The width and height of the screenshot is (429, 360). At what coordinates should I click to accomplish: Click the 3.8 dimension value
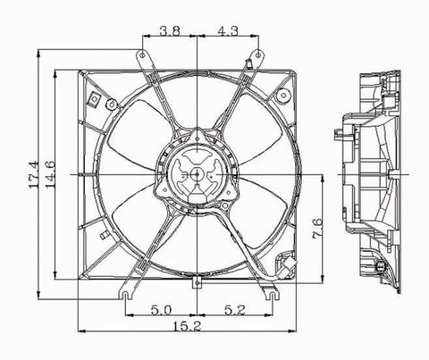point(170,30)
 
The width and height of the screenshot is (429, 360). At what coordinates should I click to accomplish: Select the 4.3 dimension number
point(228,30)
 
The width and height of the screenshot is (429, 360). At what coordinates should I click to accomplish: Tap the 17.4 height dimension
point(33,174)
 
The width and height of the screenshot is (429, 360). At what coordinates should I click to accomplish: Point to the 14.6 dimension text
point(50,174)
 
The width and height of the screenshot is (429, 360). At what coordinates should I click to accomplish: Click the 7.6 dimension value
point(317,229)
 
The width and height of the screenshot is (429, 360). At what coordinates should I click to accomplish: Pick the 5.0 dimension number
point(161,311)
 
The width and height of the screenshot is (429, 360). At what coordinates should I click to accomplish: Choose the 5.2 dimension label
point(235,311)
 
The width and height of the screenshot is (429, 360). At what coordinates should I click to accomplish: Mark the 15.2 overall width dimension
point(187,326)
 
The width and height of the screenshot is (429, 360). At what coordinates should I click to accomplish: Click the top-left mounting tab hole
point(142,55)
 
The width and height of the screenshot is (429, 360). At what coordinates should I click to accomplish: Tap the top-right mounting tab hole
point(257,54)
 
